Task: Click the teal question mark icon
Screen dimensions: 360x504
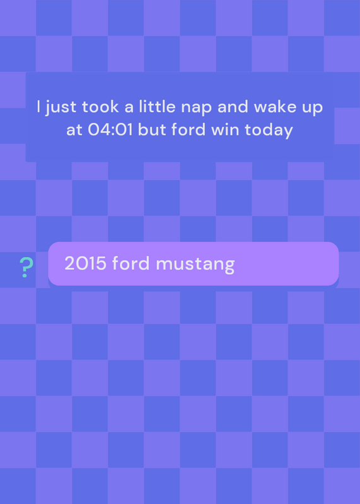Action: (26, 267)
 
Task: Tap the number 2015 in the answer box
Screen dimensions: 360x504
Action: (86, 263)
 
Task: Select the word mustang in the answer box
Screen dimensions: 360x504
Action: (195, 265)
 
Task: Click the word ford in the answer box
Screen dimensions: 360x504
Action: (131, 263)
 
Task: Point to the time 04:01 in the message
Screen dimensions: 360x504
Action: (110, 130)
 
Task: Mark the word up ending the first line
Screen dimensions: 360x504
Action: (311, 108)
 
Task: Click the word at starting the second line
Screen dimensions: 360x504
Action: (74, 130)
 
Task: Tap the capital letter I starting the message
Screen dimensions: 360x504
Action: (38, 106)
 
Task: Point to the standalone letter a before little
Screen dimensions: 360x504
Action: (129, 108)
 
